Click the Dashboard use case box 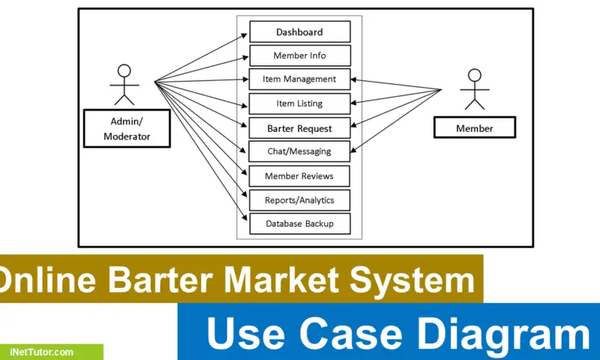click(299, 31)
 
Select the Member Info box click(299, 55)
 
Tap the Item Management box click(299, 79)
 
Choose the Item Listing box click(299, 103)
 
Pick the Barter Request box click(299, 128)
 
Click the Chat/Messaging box click(299, 151)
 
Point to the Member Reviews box click(299, 176)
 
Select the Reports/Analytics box click(299, 200)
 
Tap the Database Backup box click(299, 223)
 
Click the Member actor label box click(475, 128)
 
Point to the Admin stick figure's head click(124, 70)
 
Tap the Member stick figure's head click(474, 74)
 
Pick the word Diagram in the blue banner click(510, 333)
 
